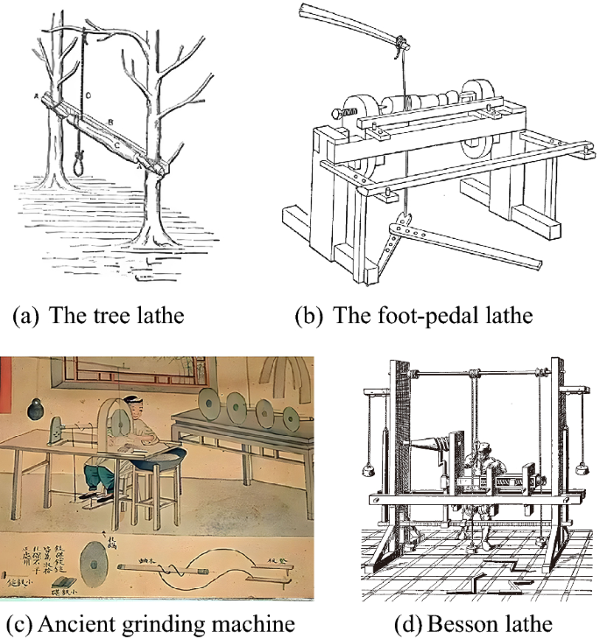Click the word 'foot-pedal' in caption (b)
pos(412,315)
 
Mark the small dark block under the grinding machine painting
pos(65,582)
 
